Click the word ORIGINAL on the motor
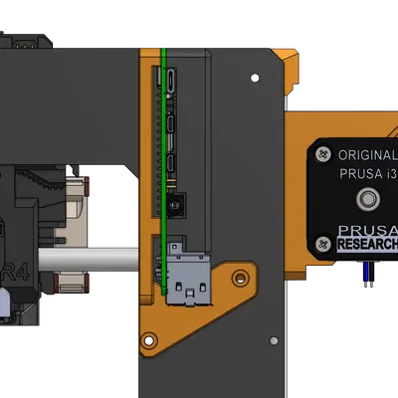pos(367,156)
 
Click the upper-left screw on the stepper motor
pos(322,155)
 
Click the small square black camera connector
pos(175,206)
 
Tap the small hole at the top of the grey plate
pos(258,76)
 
